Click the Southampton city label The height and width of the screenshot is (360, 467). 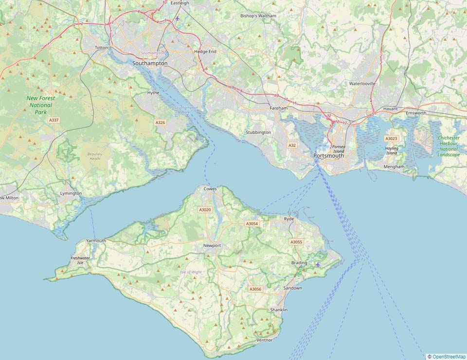click(150, 63)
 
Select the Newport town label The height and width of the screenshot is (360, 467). click(212, 246)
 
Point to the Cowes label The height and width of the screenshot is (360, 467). click(210, 188)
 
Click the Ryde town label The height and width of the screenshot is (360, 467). click(289, 219)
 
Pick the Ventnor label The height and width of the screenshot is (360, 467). click(264, 340)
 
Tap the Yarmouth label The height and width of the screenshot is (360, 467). click(96, 241)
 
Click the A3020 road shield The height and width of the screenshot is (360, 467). click(205, 210)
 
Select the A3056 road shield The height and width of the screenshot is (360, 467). click(255, 289)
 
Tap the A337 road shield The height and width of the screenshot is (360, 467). click(54, 120)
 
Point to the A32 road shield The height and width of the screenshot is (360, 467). click(292, 145)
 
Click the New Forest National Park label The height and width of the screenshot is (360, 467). click(40, 105)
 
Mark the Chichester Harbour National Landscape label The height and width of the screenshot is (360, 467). click(449, 146)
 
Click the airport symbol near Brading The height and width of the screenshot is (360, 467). click(318, 264)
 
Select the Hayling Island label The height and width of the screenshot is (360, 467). click(392, 151)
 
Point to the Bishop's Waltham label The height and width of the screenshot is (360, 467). click(258, 16)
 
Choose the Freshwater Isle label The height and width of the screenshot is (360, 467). click(80, 260)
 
